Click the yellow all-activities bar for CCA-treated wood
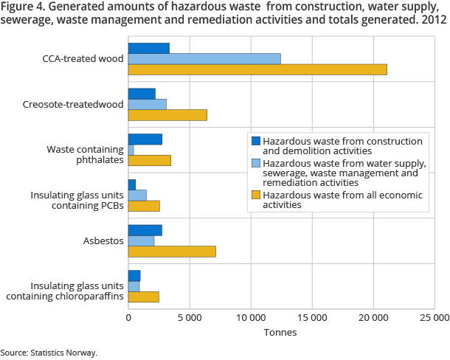coord(257,69)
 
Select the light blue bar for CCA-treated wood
coord(204,58)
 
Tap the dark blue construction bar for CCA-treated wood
coord(149,48)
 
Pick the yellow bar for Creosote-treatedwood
coord(167,115)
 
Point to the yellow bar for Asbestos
coord(172,252)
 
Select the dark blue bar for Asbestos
coord(145,230)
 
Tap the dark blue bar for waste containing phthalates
coord(145,139)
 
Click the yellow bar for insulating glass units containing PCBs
coord(144,206)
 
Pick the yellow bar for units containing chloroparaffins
coord(144,297)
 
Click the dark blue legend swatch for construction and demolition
coord(256,141)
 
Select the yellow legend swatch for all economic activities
coord(256,195)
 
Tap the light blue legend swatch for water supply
coord(256,163)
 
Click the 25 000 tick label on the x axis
coord(434,318)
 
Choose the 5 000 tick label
coord(190,318)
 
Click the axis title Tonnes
coord(280,332)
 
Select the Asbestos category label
coord(102,240)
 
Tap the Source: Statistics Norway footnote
coord(49,353)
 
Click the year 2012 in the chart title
coord(433,20)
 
